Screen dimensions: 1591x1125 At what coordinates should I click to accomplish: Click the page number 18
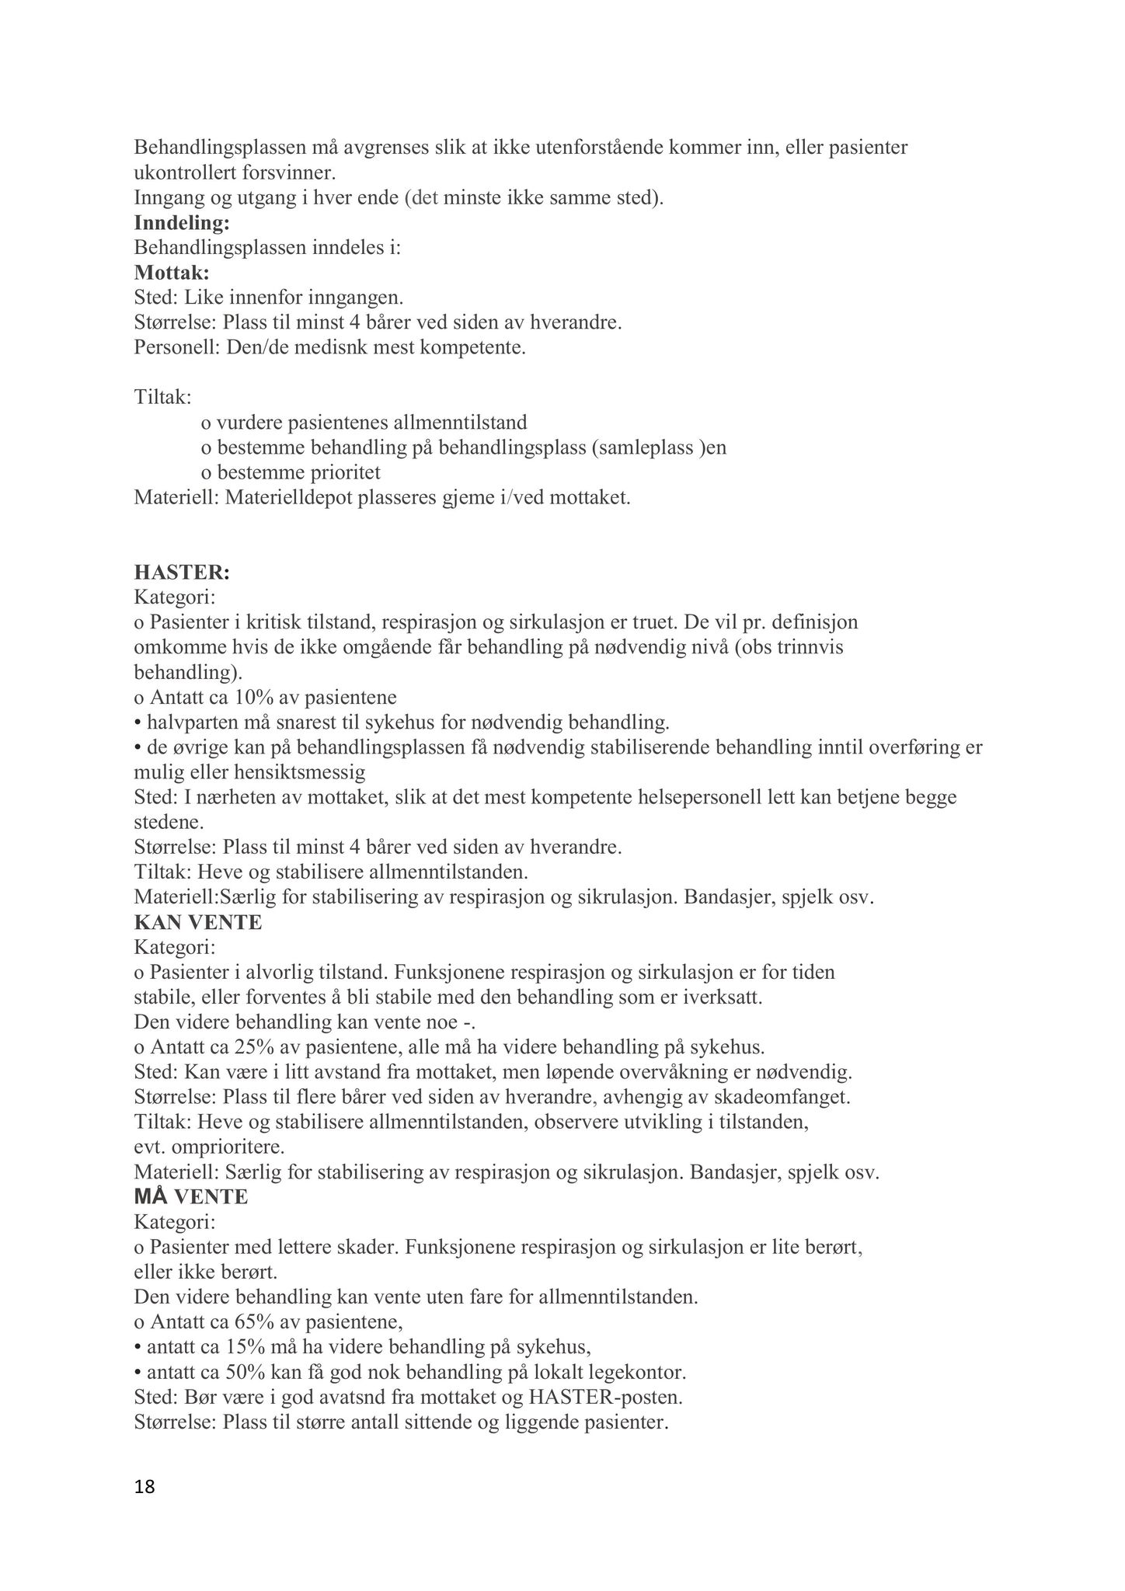point(145,1487)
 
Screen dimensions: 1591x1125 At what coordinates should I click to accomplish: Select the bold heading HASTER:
point(182,573)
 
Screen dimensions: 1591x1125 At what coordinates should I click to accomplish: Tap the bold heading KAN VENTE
point(198,922)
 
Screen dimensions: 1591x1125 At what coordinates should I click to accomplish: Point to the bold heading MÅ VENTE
point(191,1197)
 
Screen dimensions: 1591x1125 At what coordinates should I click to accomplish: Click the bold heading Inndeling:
point(182,223)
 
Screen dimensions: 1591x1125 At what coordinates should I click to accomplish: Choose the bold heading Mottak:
point(172,273)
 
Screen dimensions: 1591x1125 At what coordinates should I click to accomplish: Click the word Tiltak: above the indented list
point(162,397)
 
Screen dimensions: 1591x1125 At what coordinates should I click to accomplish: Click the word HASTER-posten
point(606,1396)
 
